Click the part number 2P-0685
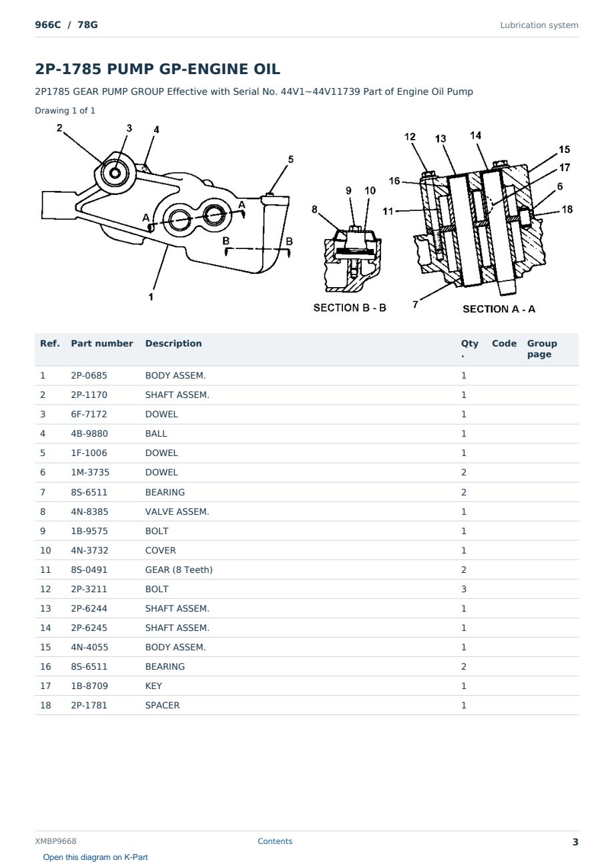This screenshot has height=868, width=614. tap(89, 375)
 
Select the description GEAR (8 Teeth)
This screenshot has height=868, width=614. tap(179, 570)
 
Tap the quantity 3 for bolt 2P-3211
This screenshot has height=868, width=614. tap(464, 589)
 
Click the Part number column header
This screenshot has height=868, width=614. tap(101, 343)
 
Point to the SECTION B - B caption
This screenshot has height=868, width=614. tap(350, 308)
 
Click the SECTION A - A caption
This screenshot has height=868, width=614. tap(499, 309)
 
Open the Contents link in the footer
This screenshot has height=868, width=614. tap(275, 841)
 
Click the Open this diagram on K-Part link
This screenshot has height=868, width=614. tap(95, 857)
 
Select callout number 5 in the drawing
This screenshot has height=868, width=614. tap(290, 160)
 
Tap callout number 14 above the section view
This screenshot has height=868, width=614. tap(475, 136)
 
